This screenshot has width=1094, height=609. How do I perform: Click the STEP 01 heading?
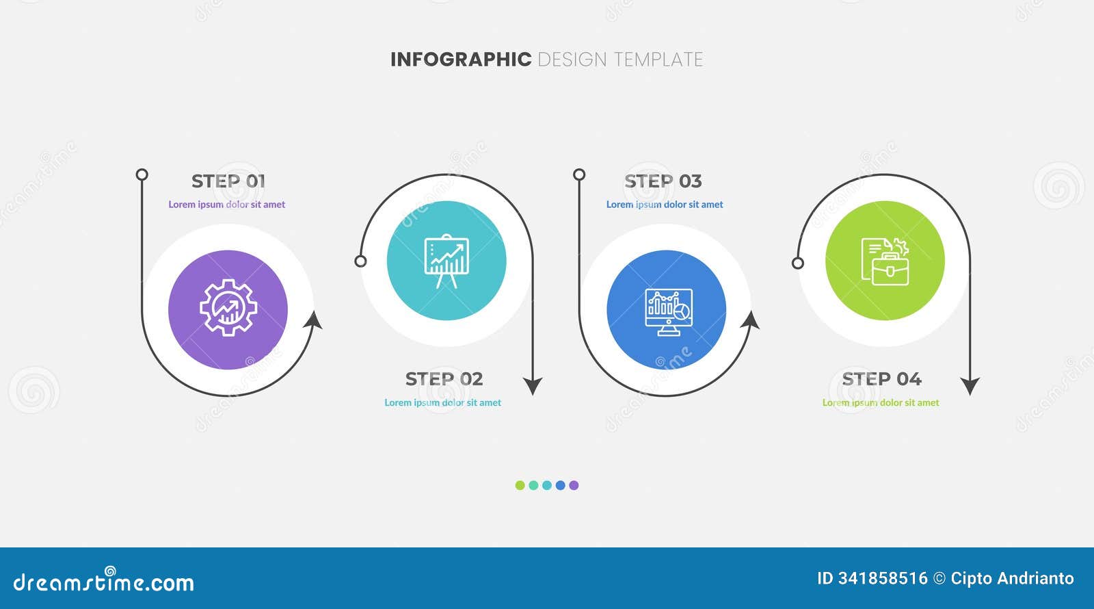coord(228,181)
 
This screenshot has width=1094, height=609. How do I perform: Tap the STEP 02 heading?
coord(444,379)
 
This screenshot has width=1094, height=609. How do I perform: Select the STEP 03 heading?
coord(663,181)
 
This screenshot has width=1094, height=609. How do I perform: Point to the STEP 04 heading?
coord(881,379)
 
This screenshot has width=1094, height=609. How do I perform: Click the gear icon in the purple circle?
coord(228,309)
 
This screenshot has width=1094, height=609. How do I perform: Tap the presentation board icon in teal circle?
coord(446,261)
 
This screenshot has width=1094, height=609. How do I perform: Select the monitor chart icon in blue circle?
coord(667,311)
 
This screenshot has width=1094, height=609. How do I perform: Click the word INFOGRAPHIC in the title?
coord(460,60)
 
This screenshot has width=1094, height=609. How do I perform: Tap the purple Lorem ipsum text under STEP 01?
coord(227,205)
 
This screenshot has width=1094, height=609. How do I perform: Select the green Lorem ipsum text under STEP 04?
coord(881,403)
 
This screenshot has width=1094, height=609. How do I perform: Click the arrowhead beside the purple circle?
coord(314,320)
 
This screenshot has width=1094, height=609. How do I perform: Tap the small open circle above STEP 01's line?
coord(142,174)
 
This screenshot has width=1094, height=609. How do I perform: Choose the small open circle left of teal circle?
coord(360,261)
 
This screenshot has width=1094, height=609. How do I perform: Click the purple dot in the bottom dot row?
coord(574,485)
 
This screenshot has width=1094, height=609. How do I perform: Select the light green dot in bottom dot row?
coord(520,485)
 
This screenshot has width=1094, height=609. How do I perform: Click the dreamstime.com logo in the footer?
coord(104,582)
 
